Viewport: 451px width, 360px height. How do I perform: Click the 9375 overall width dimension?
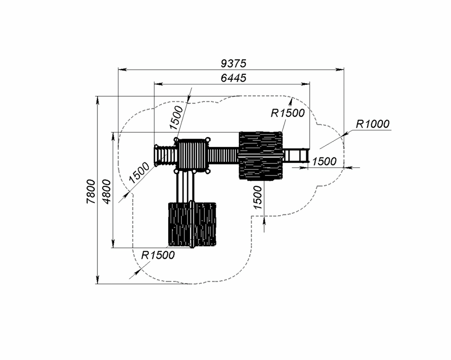click(x=234, y=63)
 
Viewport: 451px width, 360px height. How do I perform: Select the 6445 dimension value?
click(x=234, y=78)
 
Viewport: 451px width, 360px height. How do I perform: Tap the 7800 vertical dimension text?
click(x=91, y=191)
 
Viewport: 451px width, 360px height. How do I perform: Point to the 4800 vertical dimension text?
click(x=106, y=191)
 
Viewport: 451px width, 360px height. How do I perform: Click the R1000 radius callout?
click(x=373, y=124)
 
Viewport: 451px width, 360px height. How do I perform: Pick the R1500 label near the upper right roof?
click(x=288, y=113)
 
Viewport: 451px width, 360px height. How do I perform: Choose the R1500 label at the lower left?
click(x=158, y=255)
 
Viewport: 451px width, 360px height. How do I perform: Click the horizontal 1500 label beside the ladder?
click(x=324, y=162)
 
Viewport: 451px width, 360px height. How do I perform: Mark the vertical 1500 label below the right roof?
click(x=258, y=198)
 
